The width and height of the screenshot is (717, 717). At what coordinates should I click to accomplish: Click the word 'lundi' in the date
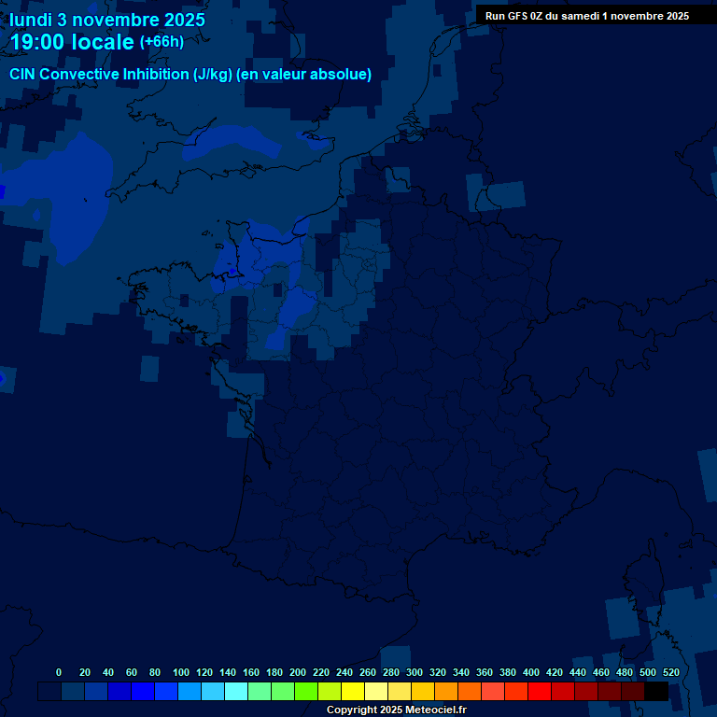coord(31,20)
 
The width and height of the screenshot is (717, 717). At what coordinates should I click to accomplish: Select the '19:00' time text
coord(38,42)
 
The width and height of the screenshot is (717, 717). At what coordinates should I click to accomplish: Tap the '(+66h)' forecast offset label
coord(162,42)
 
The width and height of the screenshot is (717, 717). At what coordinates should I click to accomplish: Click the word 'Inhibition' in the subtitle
coord(156,75)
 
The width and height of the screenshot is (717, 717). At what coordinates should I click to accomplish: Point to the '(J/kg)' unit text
coord(212,75)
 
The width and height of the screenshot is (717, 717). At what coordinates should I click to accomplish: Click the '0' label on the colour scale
coord(59,672)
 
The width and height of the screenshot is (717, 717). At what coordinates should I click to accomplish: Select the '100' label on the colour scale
coord(181,672)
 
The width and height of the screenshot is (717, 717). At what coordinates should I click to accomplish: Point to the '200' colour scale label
coord(298,672)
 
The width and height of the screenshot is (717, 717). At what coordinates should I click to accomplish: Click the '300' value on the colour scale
coord(415,672)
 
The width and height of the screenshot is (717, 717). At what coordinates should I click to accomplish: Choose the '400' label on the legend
coord(531,672)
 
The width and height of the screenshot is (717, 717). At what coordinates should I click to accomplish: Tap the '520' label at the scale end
coord(670,672)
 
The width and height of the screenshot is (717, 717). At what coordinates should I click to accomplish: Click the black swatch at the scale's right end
coord(656,691)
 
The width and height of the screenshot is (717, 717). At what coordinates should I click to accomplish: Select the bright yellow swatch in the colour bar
coord(353,691)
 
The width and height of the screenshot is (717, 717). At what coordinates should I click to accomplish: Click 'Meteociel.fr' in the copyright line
coord(436,710)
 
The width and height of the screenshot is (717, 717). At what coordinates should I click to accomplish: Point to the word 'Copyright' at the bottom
coord(352,710)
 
